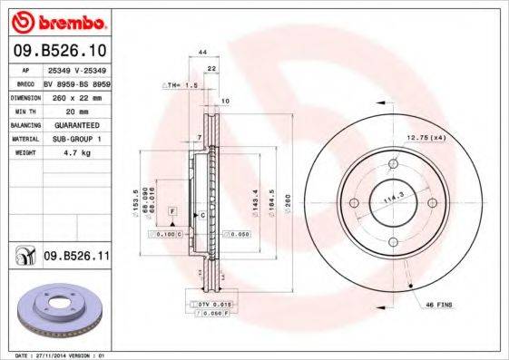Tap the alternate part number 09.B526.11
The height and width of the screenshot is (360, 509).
click(x=77, y=257)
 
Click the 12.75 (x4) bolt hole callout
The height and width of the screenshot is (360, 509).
click(x=426, y=136)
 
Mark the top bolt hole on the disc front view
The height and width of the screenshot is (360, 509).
click(x=394, y=164)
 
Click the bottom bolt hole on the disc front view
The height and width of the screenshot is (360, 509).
click(x=394, y=243)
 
